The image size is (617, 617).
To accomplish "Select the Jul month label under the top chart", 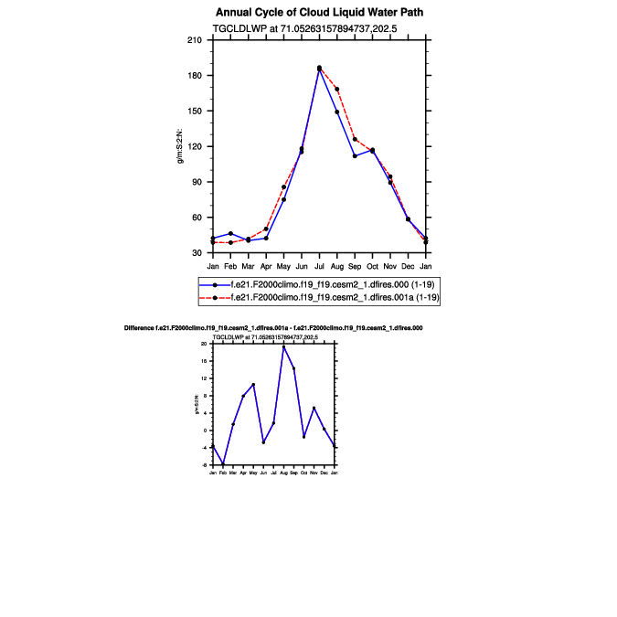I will tap(319, 266).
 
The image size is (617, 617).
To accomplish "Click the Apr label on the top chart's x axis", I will tap(266, 266).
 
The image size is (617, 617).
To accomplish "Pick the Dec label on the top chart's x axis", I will tap(408, 266).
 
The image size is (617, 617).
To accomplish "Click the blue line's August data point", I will tap(337, 112).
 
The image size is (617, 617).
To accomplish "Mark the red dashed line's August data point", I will tap(337, 89).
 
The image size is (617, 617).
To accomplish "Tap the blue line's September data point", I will tap(355, 156).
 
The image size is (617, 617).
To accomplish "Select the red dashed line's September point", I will tap(355, 139).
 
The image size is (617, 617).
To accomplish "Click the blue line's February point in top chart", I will tap(230, 233).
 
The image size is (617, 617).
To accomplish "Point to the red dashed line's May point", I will tap(283, 187).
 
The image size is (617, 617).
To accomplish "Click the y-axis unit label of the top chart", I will tap(180, 146).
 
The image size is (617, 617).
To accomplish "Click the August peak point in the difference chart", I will tap(283, 346).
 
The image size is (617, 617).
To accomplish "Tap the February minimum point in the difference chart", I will tap(222, 464).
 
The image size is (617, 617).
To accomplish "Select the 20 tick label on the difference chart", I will tap(205, 344).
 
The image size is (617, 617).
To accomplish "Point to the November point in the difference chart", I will tap(314, 408).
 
